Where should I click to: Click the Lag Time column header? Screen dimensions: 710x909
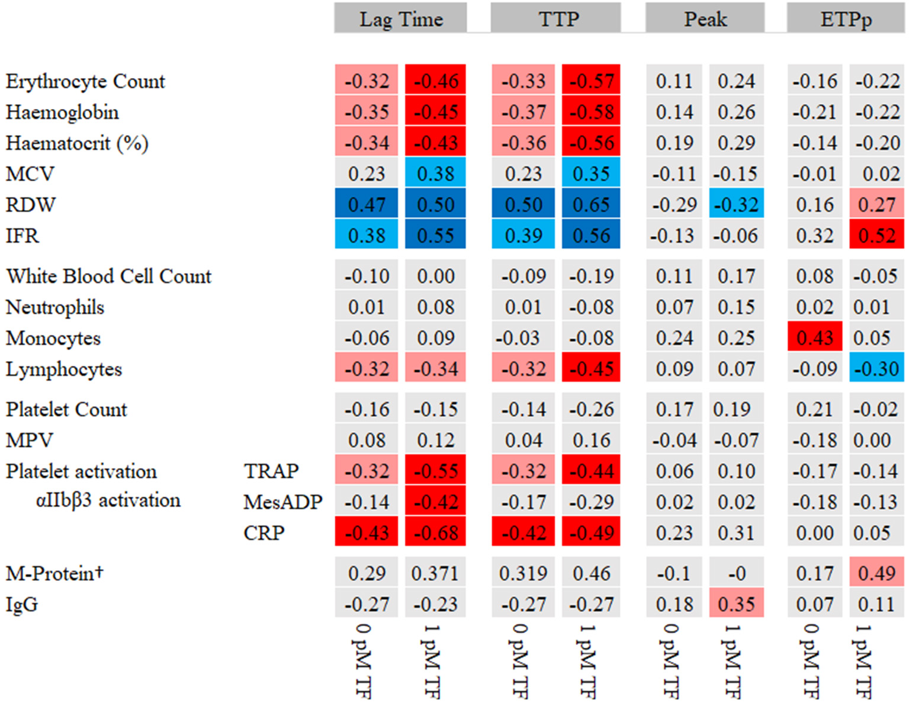[400, 18]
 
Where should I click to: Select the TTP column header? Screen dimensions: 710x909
[555, 18]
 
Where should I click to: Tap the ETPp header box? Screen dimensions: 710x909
[845, 18]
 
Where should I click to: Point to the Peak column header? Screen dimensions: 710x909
[705, 18]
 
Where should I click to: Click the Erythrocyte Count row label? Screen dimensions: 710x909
[85, 81]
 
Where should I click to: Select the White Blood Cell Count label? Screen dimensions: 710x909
[108, 276]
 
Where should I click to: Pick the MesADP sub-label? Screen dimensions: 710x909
[282, 502]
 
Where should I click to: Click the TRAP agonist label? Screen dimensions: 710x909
[271, 471]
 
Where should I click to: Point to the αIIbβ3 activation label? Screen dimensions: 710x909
[108, 500]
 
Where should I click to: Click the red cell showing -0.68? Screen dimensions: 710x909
[435, 532]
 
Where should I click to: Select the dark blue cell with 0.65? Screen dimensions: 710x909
[591, 204]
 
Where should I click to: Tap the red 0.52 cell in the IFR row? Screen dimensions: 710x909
[876, 235]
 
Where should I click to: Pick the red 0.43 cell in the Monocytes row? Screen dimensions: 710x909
[814, 338]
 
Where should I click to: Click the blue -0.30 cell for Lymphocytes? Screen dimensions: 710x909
[876, 368]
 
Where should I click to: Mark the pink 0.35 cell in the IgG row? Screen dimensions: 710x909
[736, 604]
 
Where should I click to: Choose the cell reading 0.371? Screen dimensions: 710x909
[435, 573]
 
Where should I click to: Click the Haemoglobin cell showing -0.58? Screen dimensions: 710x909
[591, 112]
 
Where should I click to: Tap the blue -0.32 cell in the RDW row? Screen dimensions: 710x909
[736, 204]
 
